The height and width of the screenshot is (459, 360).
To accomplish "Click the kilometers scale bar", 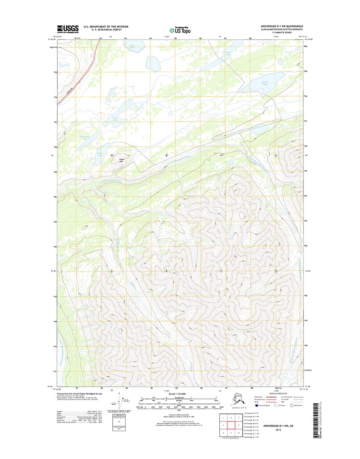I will click(x=179, y=398).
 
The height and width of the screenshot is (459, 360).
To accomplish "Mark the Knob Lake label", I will click(x=100, y=155).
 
